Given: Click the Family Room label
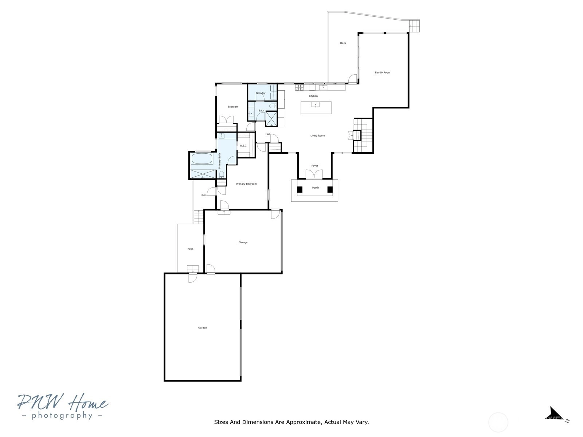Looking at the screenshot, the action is click(383, 72).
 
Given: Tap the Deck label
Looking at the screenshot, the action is click(343, 43).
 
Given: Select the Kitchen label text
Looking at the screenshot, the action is click(313, 96).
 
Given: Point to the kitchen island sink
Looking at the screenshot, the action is click(315, 105).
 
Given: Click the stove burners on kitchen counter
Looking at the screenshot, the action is click(300, 87).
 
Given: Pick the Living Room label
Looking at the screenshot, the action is click(317, 135).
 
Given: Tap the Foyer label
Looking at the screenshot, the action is click(314, 166).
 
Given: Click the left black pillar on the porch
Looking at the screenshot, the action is click(300, 189).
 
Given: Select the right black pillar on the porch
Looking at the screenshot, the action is click(330, 189).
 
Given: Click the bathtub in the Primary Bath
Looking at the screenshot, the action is click(202, 159).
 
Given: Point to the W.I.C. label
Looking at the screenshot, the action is click(243, 146).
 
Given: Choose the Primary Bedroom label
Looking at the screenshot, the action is click(246, 184).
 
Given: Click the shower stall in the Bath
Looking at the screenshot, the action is click(271, 119).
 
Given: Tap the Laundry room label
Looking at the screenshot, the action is click(260, 93).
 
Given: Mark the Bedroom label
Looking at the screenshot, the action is click(233, 107).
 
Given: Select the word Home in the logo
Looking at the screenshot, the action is click(88, 402).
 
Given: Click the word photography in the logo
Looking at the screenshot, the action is click(62, 416).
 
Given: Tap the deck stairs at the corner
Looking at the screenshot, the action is click(414, 26).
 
